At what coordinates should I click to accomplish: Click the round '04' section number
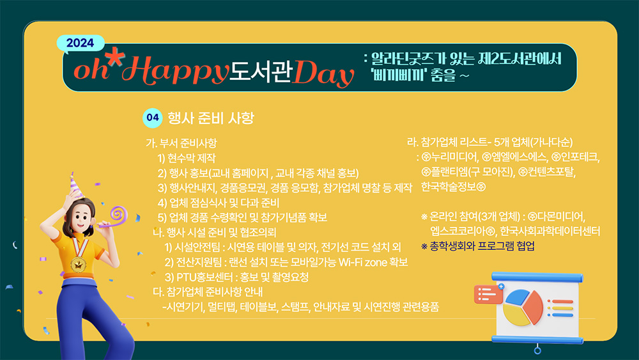tap(153, 118)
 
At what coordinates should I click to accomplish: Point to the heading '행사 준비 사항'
tap(211, 118)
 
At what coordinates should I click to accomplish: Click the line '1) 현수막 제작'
tap(187, 158)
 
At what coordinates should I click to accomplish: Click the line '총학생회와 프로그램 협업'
tap(482, 246)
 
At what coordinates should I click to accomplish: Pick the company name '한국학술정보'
tap(449, 187)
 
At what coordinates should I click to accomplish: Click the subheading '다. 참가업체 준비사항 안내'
tap(208, 292)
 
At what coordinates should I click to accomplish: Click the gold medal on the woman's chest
tap(78, 264)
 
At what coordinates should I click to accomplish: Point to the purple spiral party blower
tap(114, 217)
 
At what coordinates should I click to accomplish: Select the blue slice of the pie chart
tap(517, 297)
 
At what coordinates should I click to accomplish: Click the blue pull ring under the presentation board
tap(537, 350)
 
